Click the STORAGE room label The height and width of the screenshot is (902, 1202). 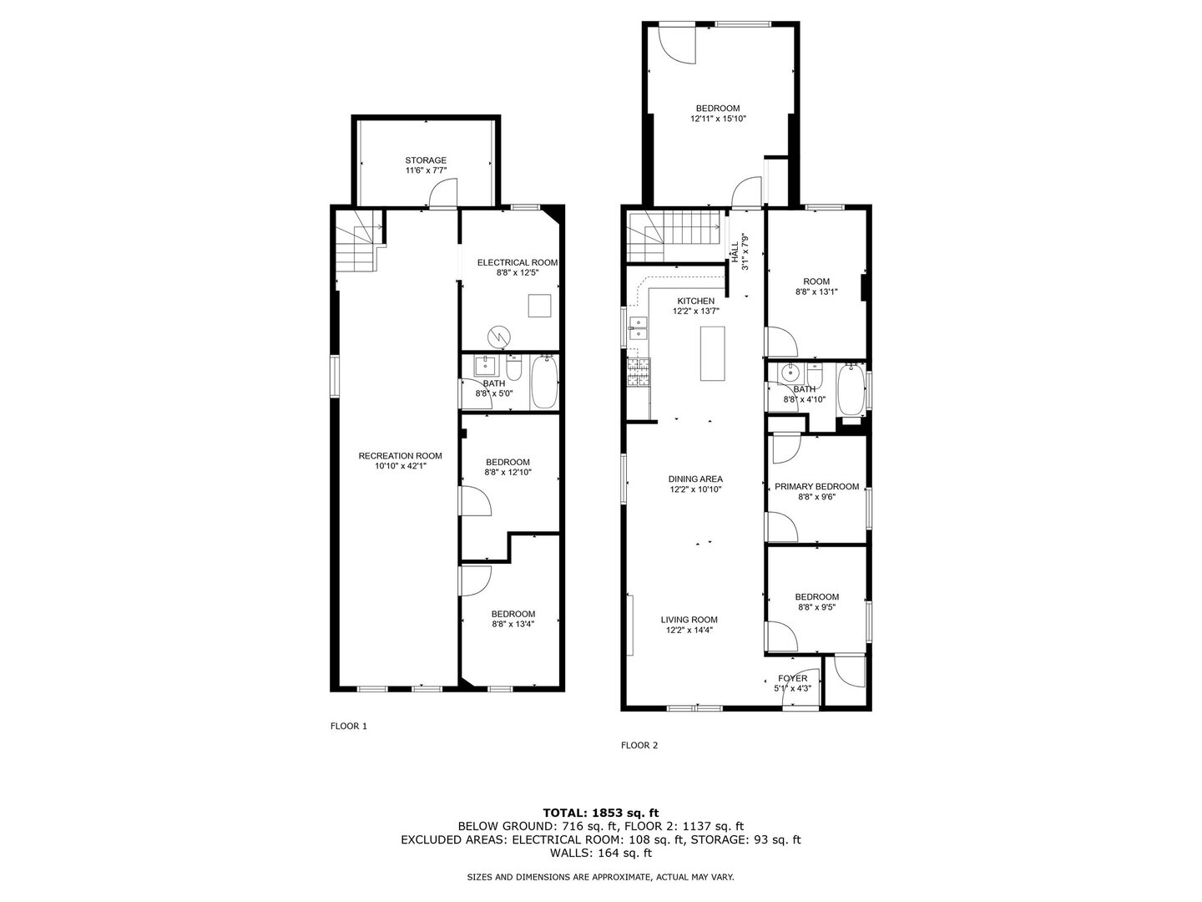click(x=426, y=160)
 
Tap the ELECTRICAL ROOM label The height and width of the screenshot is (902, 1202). click(x=518, y=262)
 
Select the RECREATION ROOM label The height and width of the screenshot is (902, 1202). click(x=400, y=456)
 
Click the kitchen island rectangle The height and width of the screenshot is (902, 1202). click(x=712, y=353)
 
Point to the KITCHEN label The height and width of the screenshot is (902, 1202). click(x=695, y=301)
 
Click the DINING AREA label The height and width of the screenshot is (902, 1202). click(x=695, y=479)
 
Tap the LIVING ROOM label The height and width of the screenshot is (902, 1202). click(x=689, y=620)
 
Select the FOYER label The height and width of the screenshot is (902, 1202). click(x=792, y=678)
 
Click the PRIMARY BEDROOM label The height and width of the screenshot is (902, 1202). click(x=816, y=487)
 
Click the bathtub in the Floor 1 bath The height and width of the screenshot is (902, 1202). click(x=544, y=383)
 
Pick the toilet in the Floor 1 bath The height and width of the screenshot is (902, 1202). click(x=515, y=368)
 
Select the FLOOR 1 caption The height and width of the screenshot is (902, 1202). click(x=348, y=727)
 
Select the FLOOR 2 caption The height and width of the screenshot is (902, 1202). click(x=639, y=746)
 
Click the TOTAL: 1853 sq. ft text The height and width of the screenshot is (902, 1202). click(x=600, y=812)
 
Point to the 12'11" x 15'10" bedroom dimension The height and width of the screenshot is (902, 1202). click(x=718, y=119)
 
